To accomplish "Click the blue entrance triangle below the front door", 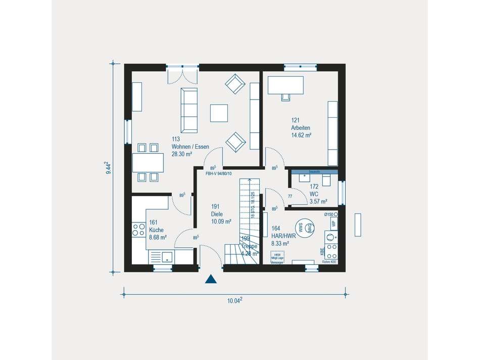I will click(x=211, y=279).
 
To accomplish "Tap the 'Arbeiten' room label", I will click(x=300, y=128).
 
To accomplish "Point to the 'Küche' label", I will click(x=156, y=230).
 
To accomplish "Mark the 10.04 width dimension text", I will click(x=234, y=300).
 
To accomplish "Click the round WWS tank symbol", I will click(x=304, y=229).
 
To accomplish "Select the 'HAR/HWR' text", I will click(x=283, y=236).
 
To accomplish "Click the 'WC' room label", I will click(x=314, y=194).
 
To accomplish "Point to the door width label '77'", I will click(x=290, y=196).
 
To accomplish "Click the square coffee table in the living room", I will click(x=219, y=113).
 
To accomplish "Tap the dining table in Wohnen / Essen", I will click(x=148, y=162).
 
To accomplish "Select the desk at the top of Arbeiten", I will click(x=285, y=84).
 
